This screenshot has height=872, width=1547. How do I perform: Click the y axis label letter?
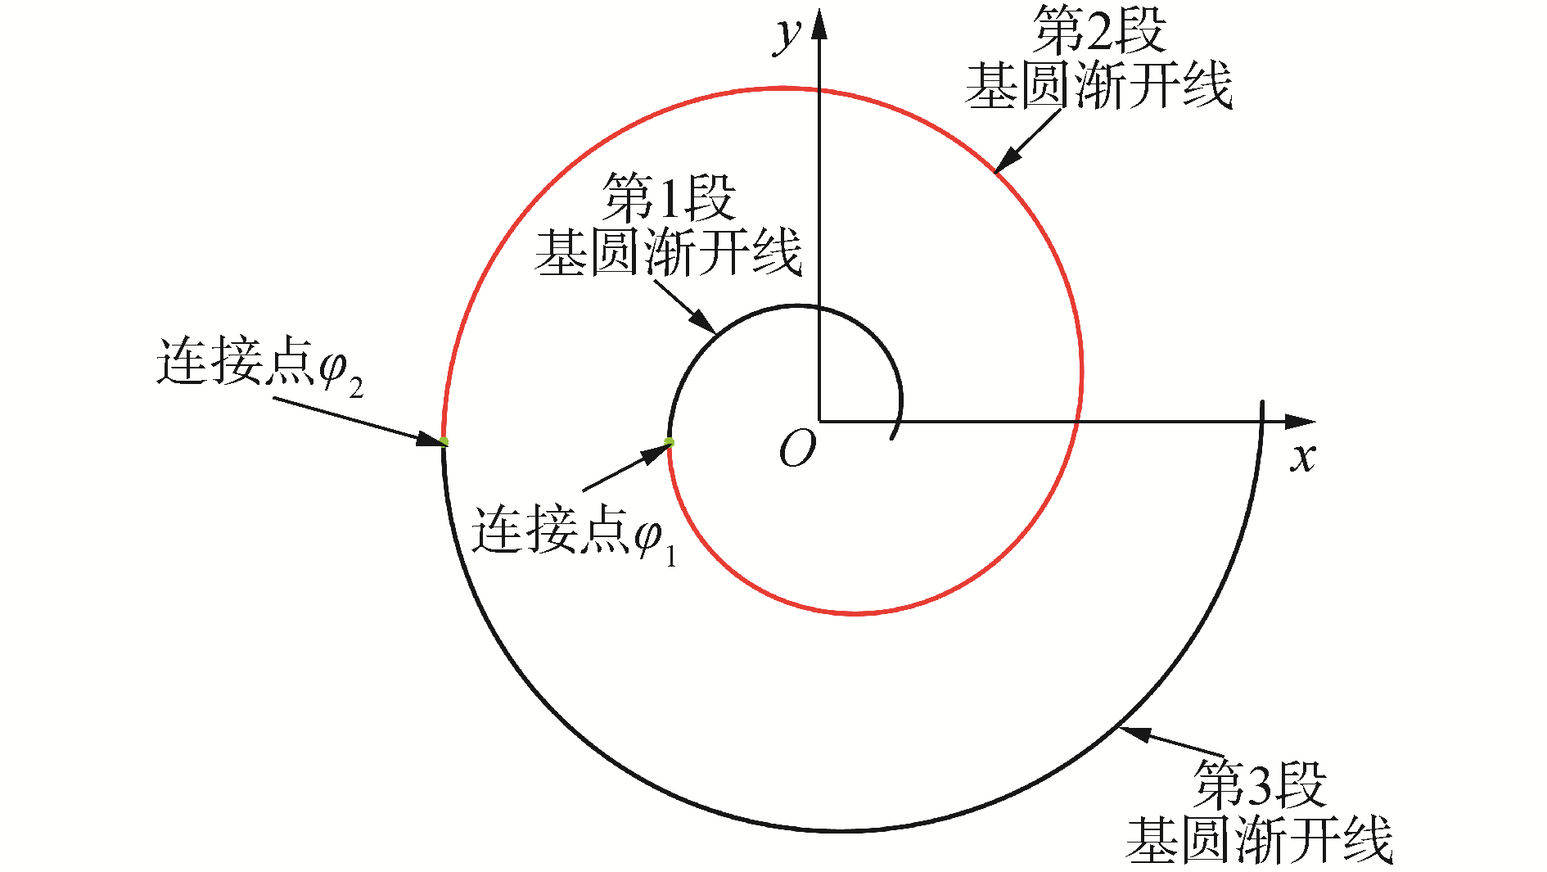point(787,35)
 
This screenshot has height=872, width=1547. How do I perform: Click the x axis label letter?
point(1303,456)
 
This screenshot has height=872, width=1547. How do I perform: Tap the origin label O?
point(797,449)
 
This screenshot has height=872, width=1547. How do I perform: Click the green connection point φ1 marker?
point(669,442)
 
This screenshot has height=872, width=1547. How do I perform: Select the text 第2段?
point(1098,30)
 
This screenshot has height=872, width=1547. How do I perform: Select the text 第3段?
point(1259,784)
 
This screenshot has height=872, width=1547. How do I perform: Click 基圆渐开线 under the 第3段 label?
point(1259,839)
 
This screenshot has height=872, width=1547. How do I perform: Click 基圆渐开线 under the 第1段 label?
point(668,252)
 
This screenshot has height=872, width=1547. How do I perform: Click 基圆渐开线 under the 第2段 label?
point(1098,85)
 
